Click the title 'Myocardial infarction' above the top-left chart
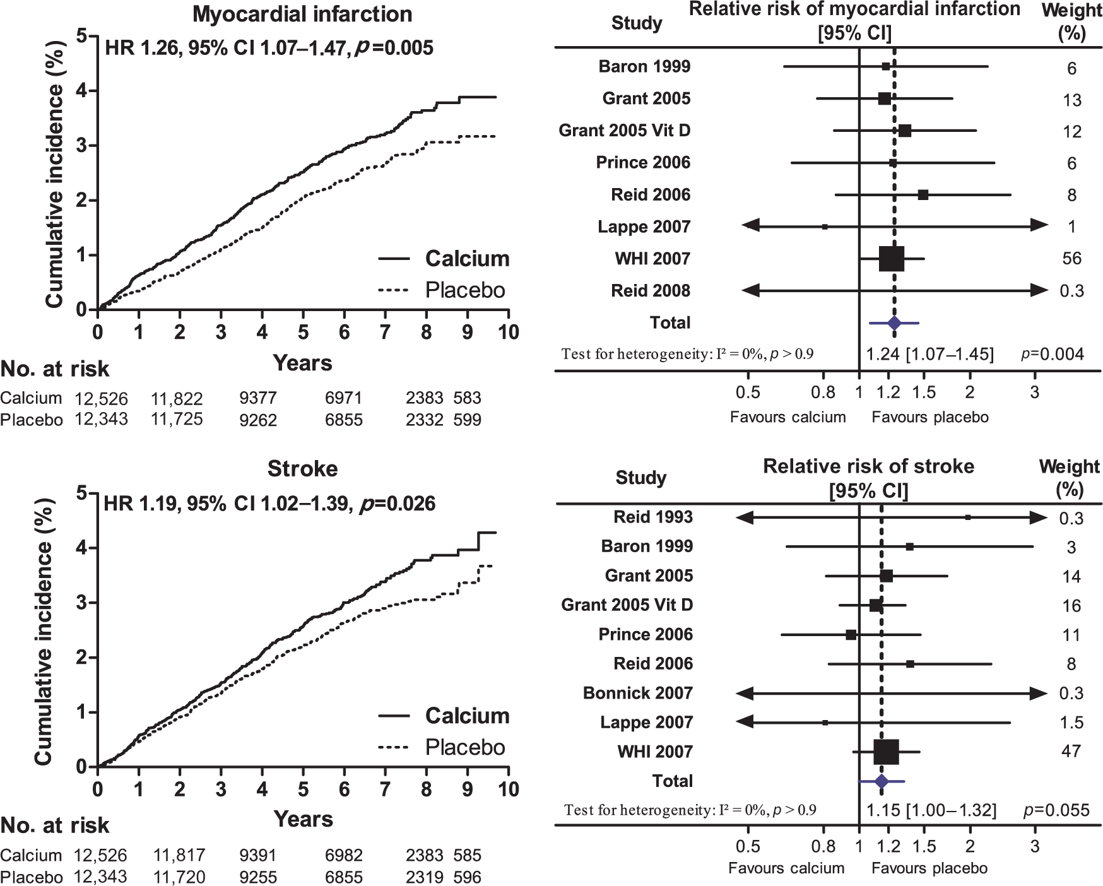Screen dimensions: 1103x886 [x=302, y=15]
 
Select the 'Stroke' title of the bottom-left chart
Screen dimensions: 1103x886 [x=302, y=469]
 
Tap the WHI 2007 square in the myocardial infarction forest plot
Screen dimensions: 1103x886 [x=892, y=259]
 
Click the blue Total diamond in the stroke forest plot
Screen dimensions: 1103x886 [x=882, y=781]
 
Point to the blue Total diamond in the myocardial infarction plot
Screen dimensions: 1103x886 [x=894, y=323]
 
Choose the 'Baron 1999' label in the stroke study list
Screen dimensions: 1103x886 [x=647, y=546]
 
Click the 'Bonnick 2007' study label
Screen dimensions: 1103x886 [x=638, y=693]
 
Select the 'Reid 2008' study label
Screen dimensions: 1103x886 [x=651, y=291]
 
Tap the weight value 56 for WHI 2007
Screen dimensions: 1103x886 [x=1071, y=259]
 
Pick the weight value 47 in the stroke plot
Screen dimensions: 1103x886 [x=1071, y=752]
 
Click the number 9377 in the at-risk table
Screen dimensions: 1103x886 [x=258, y=398]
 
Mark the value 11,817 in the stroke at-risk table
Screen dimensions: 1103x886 [x=180, y=856]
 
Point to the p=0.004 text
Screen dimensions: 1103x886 [x=1053, y=354]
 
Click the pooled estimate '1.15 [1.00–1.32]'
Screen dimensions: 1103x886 [x=931, y=810]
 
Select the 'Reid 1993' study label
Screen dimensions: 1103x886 [x=653, y=517]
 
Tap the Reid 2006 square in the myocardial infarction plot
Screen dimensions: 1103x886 [x=923, y=195]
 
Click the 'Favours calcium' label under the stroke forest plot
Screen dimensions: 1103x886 [x=786, y=868]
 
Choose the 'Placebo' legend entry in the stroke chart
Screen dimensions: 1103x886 [x=465, y=748]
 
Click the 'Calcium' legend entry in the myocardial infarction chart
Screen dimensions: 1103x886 [x=467, y=259]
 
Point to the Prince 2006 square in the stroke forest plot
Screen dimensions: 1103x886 [x=851, y=635]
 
